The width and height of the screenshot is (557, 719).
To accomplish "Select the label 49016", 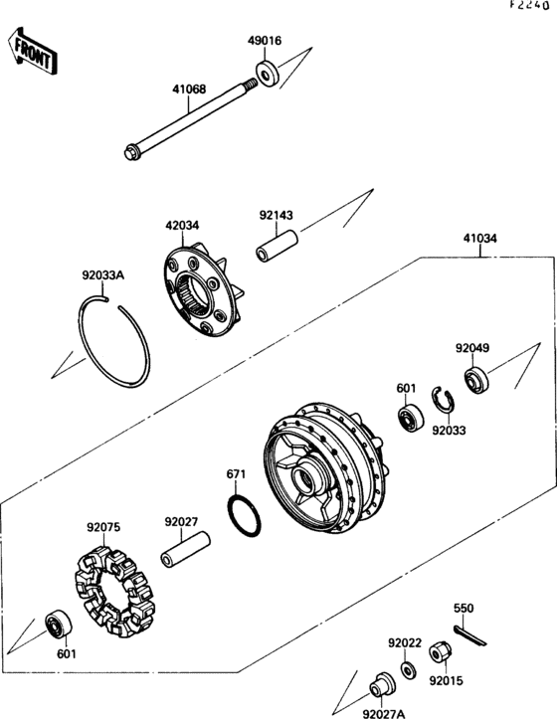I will (265, 42).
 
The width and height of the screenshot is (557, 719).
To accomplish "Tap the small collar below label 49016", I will (267, 73).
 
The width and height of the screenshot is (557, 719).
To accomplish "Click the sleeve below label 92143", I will (275, 244).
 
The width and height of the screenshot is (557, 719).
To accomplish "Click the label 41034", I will (480, 239).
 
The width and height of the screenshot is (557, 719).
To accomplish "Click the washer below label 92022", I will (408, 669).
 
